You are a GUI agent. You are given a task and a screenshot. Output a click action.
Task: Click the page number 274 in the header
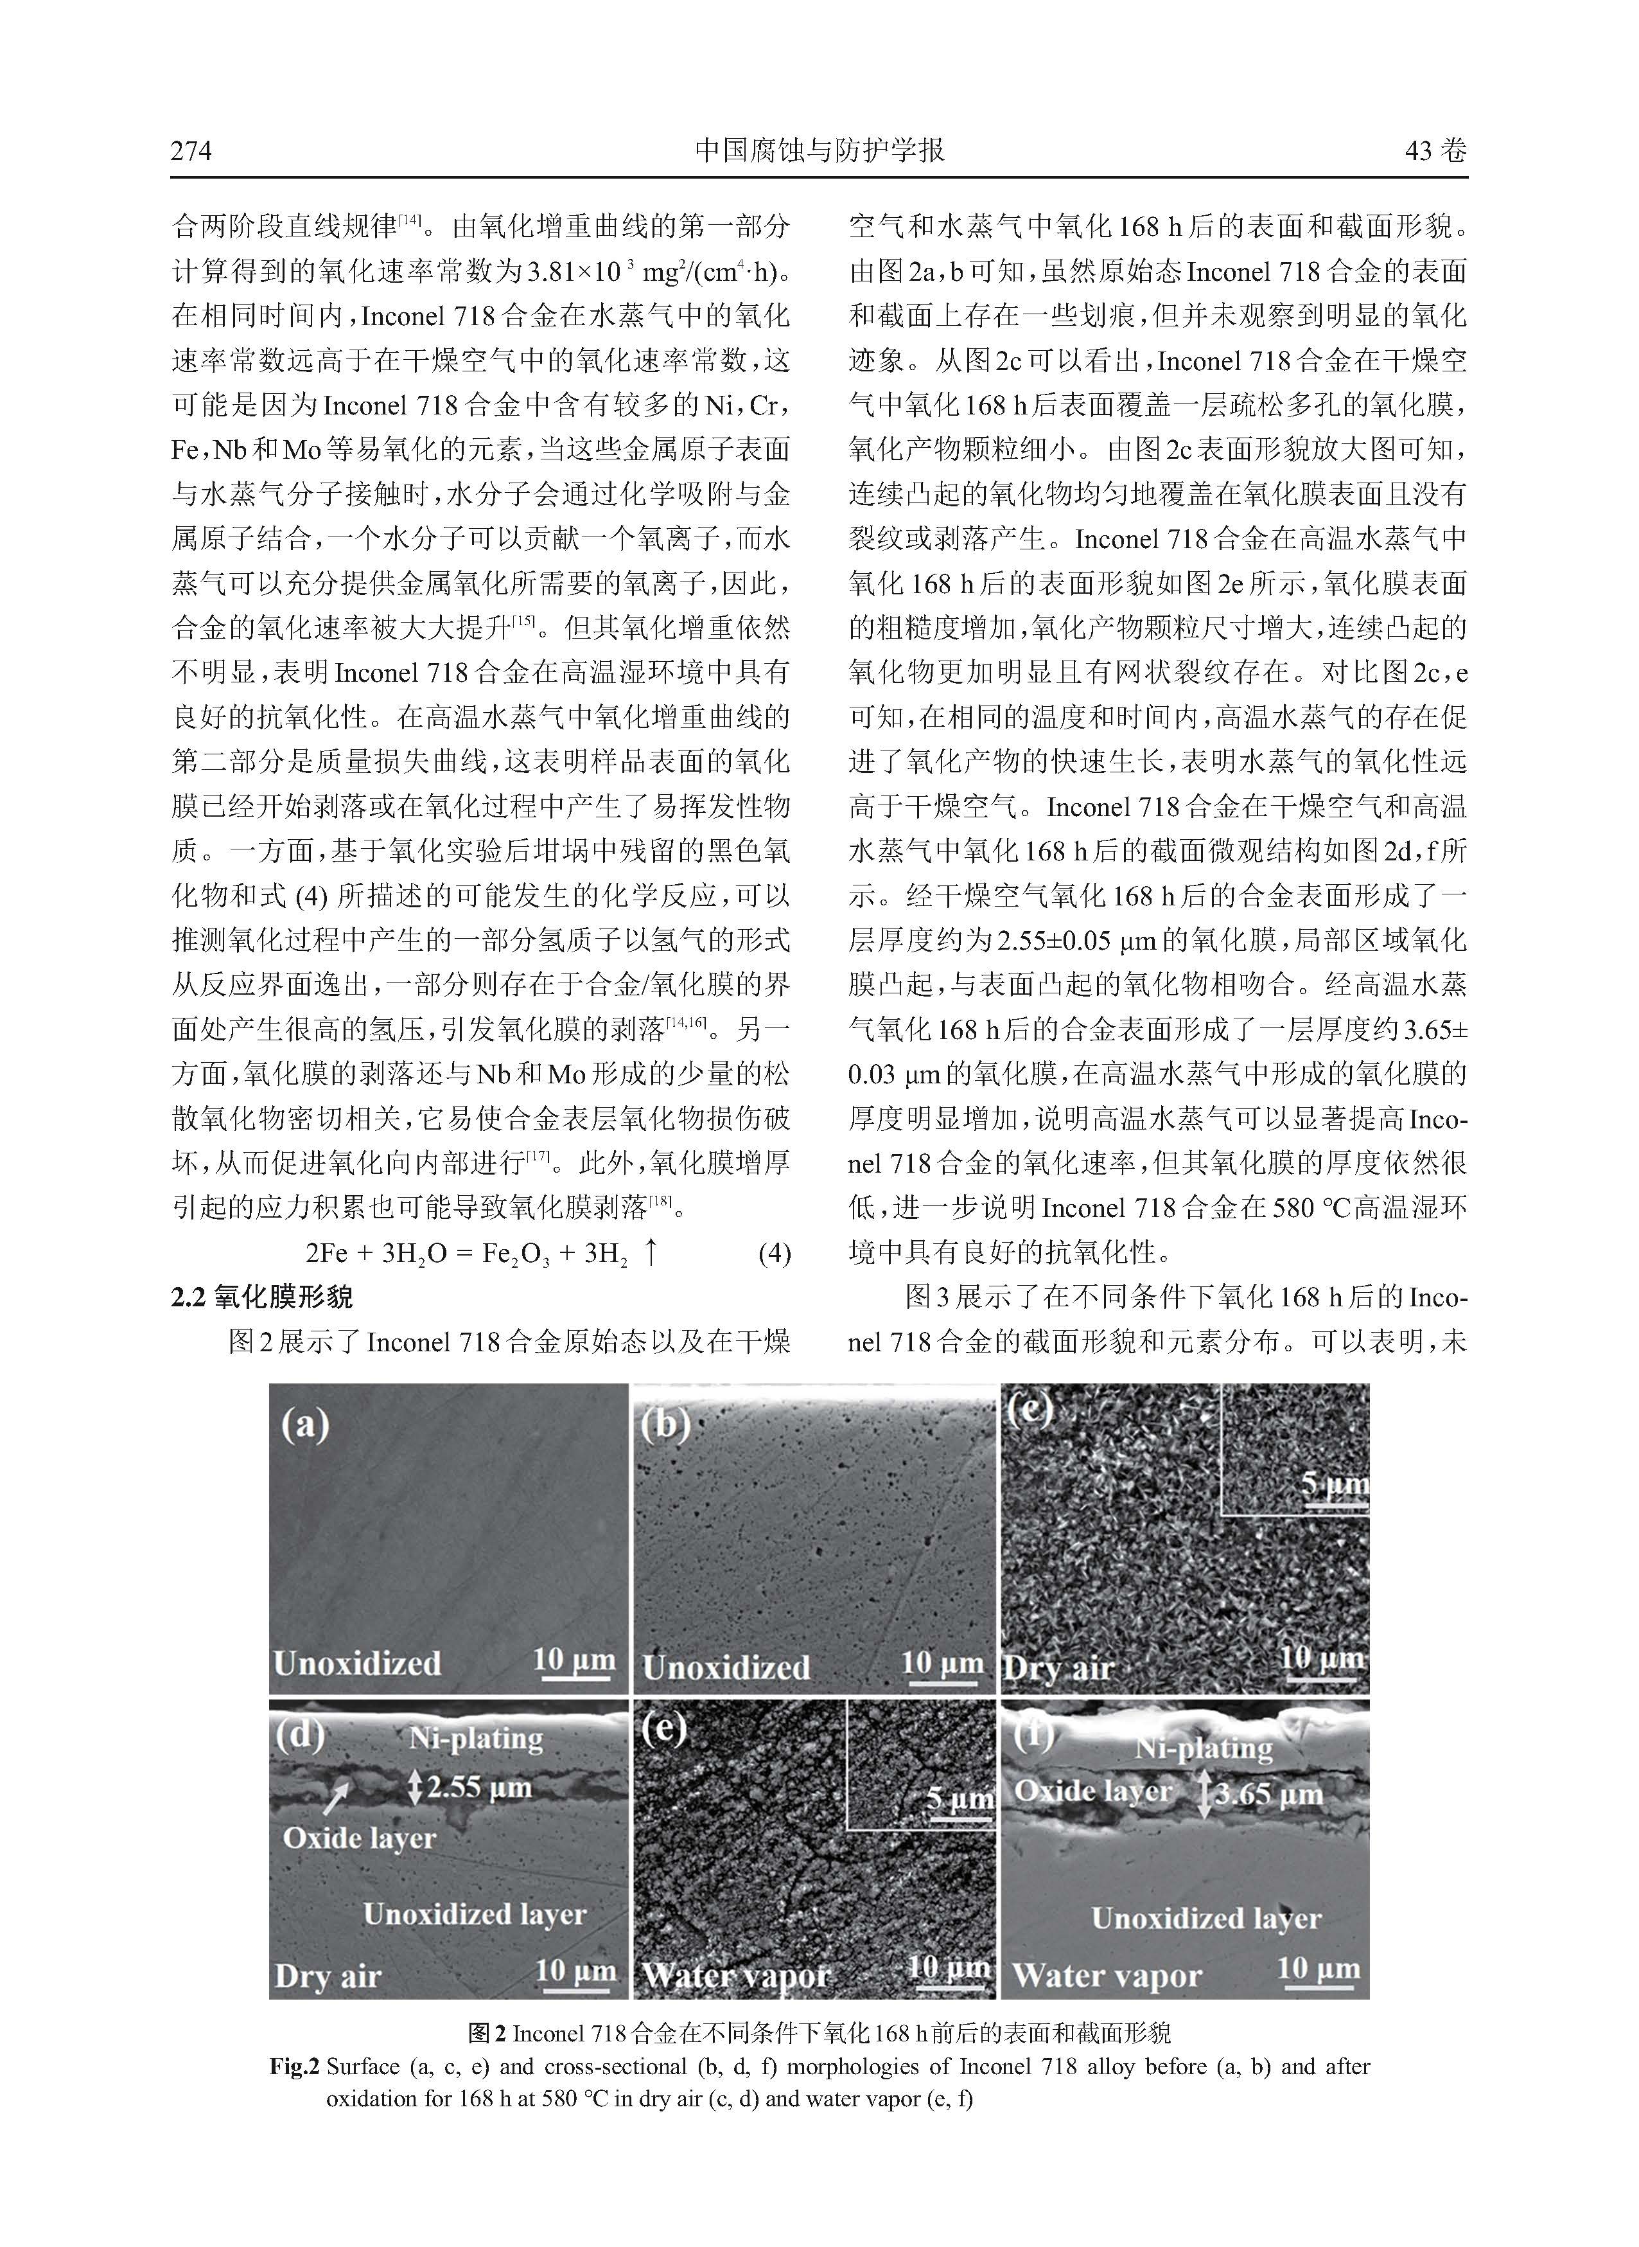(191, 151)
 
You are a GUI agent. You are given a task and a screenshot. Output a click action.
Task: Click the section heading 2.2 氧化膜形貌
(262, 1297)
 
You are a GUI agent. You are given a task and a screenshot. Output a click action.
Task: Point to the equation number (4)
(774, 1254)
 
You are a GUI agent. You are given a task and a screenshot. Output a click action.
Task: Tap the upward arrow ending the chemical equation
(651, 1252)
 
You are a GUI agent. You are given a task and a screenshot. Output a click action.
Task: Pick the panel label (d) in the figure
(299, 1733)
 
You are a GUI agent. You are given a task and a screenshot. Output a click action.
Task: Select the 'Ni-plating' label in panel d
(477, 1738)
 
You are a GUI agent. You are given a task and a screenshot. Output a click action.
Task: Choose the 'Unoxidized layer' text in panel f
(1205, 1919)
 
